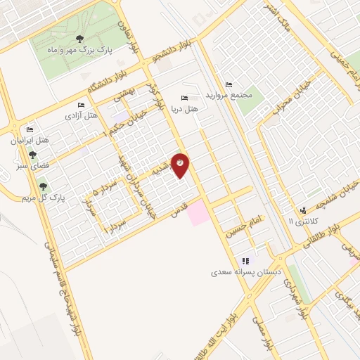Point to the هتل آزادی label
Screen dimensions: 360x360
point(81,114)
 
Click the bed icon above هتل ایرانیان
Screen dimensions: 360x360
point(30,129)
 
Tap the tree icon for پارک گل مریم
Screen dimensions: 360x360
point(44,186)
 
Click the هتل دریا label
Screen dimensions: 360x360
point(186,109)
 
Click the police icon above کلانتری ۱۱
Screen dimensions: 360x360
point(303,210)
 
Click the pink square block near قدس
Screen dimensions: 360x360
point(198,212)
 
